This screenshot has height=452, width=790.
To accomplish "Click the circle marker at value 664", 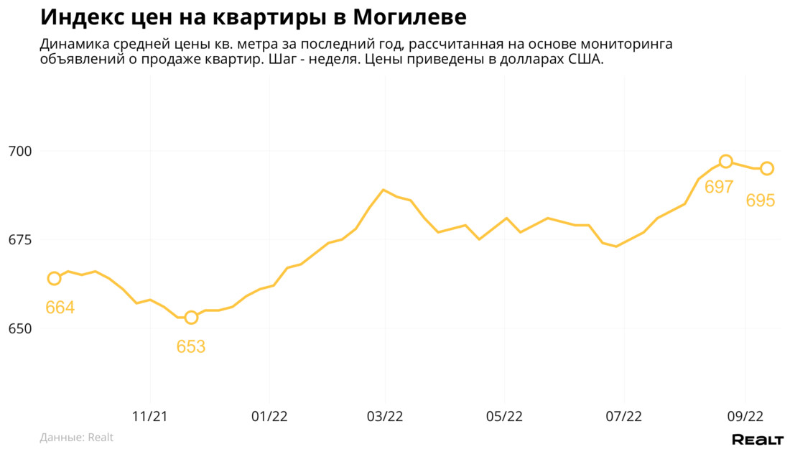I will click(54, 278).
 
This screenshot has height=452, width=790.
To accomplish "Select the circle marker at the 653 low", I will click(191, 318).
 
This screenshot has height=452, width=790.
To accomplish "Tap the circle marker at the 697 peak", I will click(726, 162).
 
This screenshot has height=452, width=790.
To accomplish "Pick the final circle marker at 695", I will click(767, 168).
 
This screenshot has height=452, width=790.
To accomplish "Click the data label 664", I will click(60, 308).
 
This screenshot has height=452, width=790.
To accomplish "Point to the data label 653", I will click(191, 346).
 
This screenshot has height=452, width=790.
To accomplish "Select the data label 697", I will click(719, 188).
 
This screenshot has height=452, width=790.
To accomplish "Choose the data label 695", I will click(761, 200).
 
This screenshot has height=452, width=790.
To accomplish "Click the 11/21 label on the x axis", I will click(150, 416).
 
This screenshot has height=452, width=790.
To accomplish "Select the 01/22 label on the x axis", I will click(269, 416).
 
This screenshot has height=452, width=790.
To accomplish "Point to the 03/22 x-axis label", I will click(385, 416).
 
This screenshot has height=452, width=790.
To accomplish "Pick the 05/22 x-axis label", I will click(504, 416).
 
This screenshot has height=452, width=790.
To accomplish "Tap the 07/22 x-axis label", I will click(623, 416).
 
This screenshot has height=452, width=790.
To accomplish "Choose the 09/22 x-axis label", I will click(745, 416).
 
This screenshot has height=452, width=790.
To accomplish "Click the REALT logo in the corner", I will click(757, 439).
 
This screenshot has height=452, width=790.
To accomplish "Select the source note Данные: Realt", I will click(77, 437).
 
